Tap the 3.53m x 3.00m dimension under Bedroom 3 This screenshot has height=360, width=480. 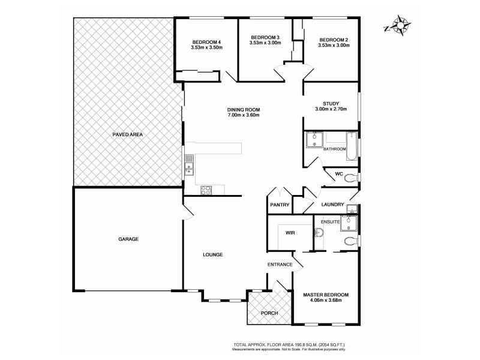coord(265,43)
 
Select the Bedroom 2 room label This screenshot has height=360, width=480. coord(334,38)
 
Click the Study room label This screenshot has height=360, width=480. coord(331,103)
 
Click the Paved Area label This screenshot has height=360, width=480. coord(127,134)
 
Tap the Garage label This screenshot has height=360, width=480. coord(128,239)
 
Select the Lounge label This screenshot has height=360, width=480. coord(213,254)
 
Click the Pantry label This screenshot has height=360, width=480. coord(280,205)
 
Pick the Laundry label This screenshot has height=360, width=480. coord(332,205)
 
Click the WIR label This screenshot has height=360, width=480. coord(290,233)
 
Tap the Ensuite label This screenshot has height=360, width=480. coord(331,222)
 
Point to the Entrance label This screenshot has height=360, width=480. coord(280,265)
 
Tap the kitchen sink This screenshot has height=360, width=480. coord(189,164)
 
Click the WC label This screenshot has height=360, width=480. coord(338,175)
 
